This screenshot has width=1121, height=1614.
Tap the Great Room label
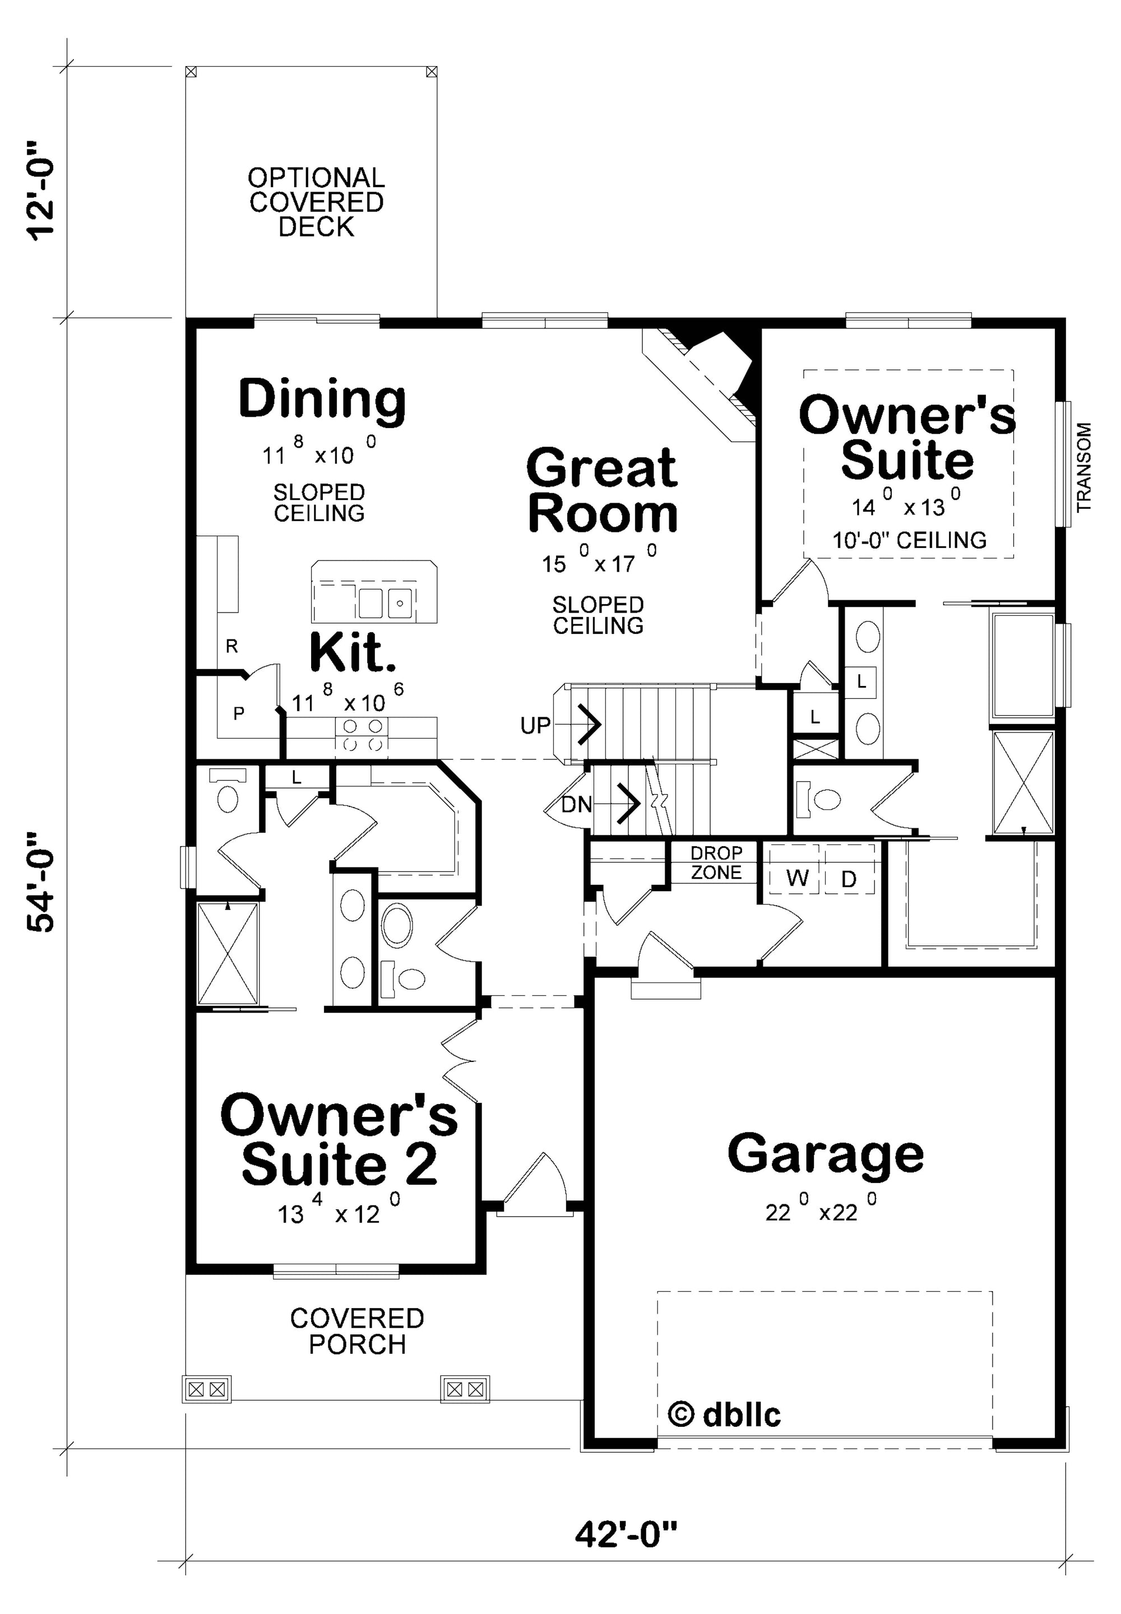(x=602, y=491)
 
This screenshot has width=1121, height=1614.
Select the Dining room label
(x=322, y=400)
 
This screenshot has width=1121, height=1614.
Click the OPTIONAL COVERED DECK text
(x=316, y=202)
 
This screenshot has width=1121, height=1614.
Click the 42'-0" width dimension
(x=627, y=1534)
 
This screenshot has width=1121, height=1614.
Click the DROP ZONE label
(x=716, y=862)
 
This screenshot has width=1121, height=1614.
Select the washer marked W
(x=797, y=878)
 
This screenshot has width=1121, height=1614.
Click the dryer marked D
(x=849, y=879)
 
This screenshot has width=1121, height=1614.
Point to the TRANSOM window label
(x=1085, y=466)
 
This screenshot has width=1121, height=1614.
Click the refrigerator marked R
(x=232, y=646)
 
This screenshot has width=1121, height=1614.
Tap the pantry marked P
(x=239, y=713)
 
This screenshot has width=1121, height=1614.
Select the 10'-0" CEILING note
(x=910, y=540)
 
